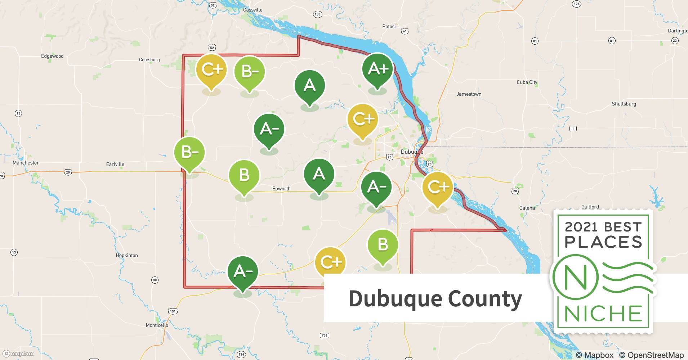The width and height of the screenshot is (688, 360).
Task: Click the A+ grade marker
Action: [x=377, y=69]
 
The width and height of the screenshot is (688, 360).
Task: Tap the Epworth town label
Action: [x=281, y=189]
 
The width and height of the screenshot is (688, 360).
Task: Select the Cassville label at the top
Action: [x=253, y=10]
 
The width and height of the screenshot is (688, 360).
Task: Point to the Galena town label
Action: [x=527, y=208]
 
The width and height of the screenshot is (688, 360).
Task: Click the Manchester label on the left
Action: [x=26, y=163]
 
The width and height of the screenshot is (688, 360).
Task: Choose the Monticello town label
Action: [x=157, y=325]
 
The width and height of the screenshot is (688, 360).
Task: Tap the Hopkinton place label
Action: [x=127, y=255]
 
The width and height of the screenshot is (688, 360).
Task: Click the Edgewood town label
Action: [x=52, y=56]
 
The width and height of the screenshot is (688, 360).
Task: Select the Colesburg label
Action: [x=149, y=60]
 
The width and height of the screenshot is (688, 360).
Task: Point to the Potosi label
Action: [x=389, y=26]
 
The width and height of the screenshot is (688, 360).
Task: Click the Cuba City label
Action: [x=527, y=82]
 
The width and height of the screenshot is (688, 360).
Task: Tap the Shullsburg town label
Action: [x=624, y=104]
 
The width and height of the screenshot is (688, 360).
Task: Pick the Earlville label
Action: [x=115, y=164]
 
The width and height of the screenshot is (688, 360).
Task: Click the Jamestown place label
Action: [x=469, y=94]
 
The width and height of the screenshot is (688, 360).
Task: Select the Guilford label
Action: [x=590, y=207]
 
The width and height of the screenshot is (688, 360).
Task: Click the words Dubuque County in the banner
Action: [x=435, y=298]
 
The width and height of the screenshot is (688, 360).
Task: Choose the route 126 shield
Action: [x=577, y=4]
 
